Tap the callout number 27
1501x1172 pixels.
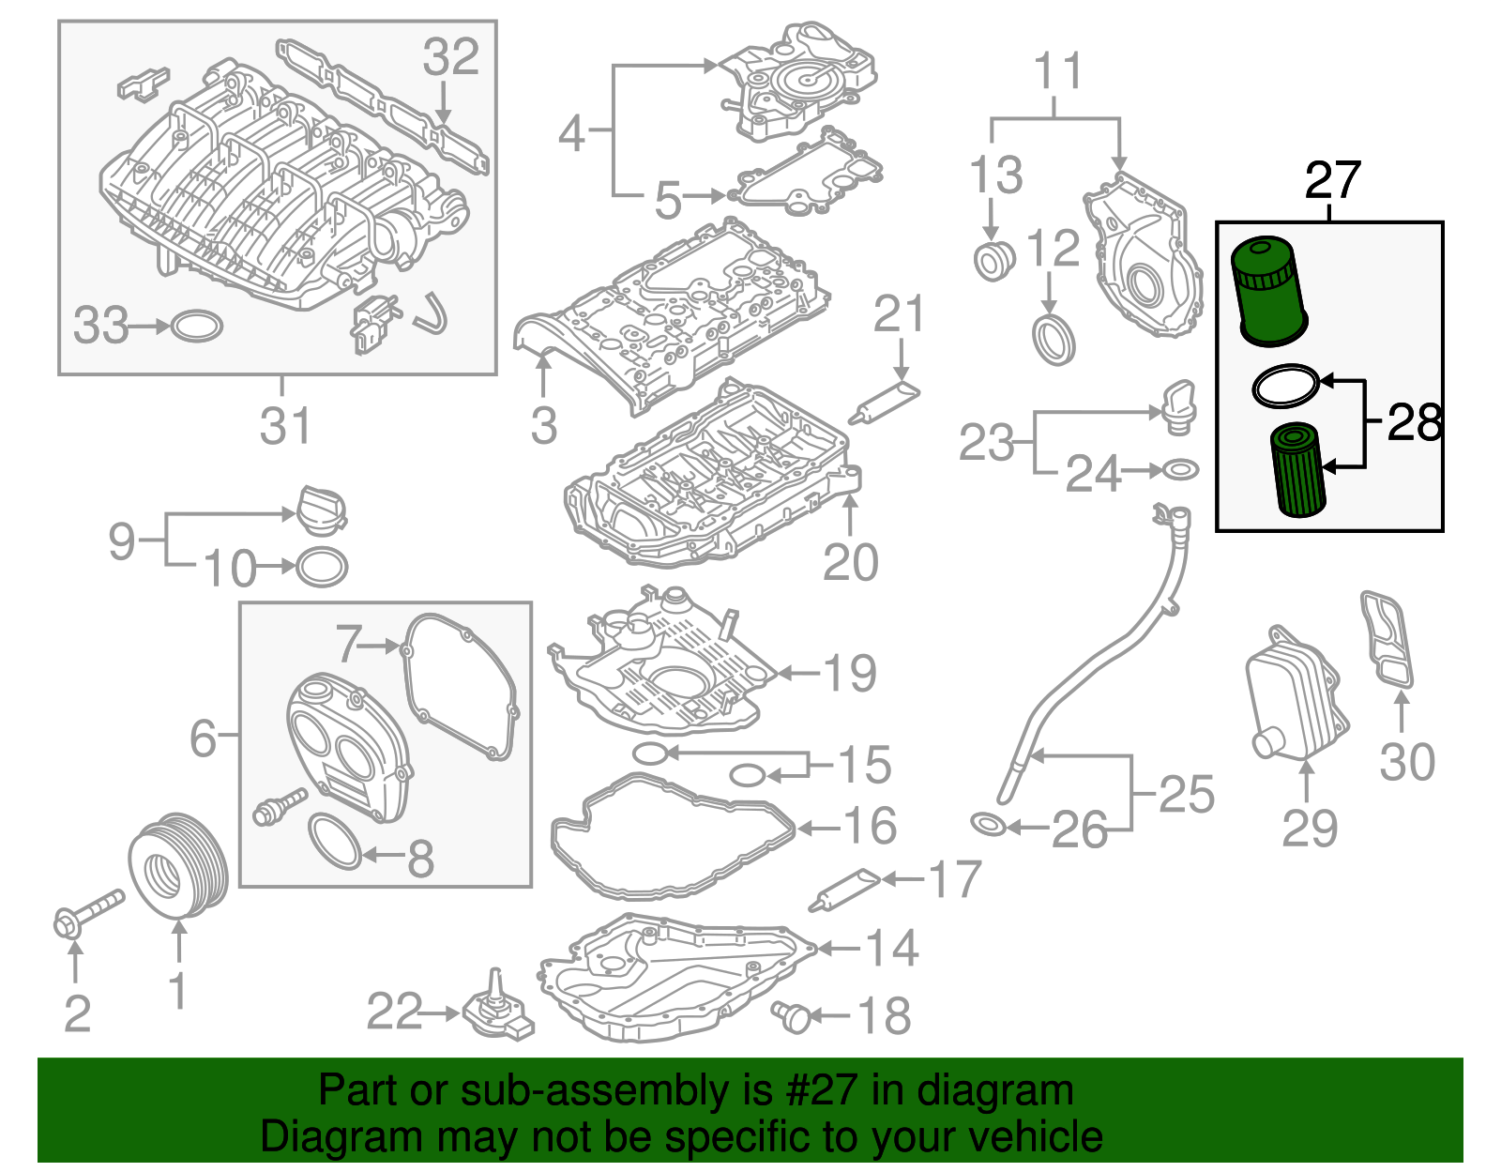[x=1332, y=180]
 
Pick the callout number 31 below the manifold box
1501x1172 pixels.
[x=285, y=426]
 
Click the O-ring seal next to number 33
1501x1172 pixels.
[x=197, y=327]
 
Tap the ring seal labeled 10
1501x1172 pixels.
[x=322, y=567]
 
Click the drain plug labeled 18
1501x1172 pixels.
[x=793, y=1015]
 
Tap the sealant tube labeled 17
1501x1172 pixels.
[x=843, y=890]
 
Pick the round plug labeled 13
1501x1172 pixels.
[x=993, y=261]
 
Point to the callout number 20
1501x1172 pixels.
[x=850, y=562]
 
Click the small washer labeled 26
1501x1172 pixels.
[x=989, y=826]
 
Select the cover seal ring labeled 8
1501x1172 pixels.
[x=334, y=841]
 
